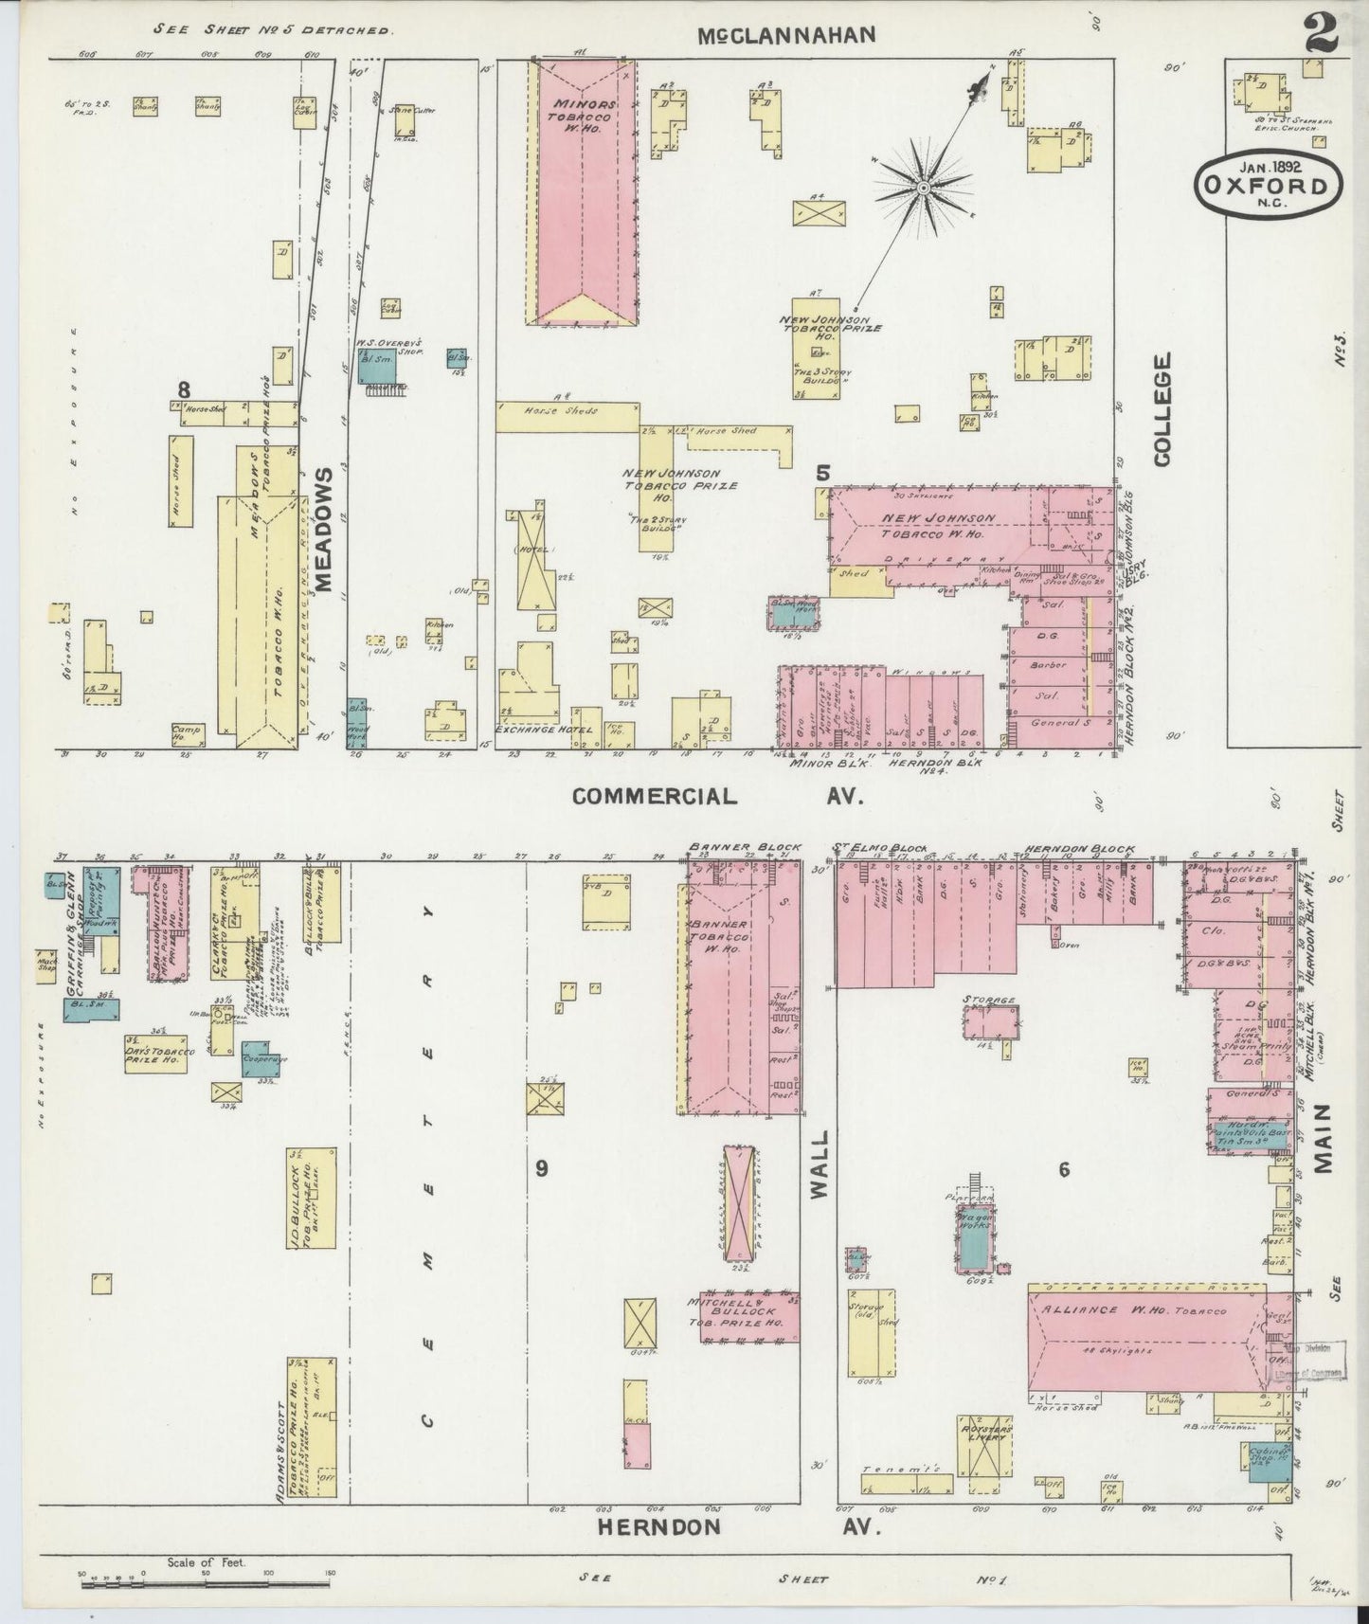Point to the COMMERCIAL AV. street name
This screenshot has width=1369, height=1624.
717,796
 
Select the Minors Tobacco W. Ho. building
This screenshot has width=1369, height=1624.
581,189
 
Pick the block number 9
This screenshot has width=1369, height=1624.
541,1168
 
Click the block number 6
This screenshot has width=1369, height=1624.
1064,1170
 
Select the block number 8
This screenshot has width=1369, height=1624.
184,388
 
